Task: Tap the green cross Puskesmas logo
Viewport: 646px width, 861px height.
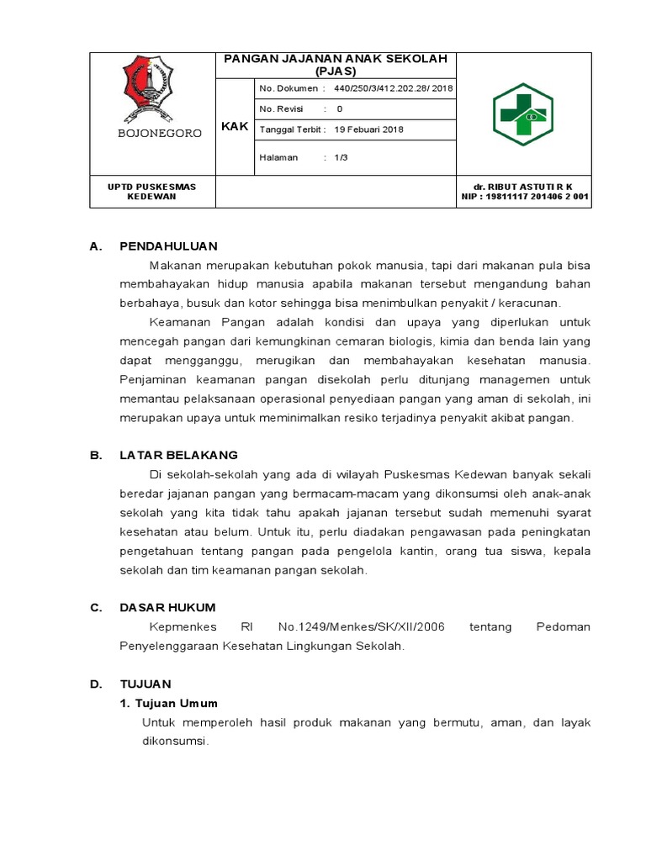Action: (x=522, y=114)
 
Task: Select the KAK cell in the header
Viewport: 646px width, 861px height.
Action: (x=235, y=127)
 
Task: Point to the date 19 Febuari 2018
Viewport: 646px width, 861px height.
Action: (x=369, y=129)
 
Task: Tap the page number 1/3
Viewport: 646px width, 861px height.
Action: (x=341, y=157)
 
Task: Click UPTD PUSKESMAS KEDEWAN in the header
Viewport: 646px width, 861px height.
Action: (x=152, y=192)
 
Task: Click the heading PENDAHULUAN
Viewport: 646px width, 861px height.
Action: (x=168, y=246)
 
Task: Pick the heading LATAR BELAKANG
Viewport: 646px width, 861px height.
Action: (x=178, y=455)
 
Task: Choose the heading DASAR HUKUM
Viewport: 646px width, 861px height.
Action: (x=167, y=607)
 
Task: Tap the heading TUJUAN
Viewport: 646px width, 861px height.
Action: (x=146, y=684)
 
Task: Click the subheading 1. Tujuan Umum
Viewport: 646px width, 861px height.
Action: (x=168, y=703)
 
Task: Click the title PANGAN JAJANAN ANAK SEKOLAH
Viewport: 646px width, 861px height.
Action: (x=335, y=59)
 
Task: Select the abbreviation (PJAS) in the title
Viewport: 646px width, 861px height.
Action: (x=335, y=71)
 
